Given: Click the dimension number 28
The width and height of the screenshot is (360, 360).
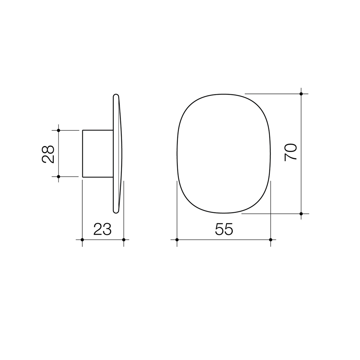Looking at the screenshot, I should pyautogui.click(x=48, y=154).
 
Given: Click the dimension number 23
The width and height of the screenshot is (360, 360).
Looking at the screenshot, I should pyautogui.click(x=102, y=229).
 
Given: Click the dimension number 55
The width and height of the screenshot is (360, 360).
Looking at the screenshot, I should pyautogui.click(x=224, y=229).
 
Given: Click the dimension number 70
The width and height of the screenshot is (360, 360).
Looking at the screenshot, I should pyautogui.click(x=291, y=152).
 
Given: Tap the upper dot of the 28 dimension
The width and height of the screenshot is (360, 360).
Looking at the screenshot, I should pyautogui.click(x=59, y=130).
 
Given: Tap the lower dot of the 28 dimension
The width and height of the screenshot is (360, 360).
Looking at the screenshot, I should pyautogui.click(x=59, y=176).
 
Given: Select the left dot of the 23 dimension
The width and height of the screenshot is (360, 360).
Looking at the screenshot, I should pyautogui.click(x=82, y=240).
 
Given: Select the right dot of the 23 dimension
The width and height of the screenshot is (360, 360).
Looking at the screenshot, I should pyautogui.click(x=124, y=240).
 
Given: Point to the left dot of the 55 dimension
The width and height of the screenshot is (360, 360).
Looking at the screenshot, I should pyautogui.click(x=177, y=240).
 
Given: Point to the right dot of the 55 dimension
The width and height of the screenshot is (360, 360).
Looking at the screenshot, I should pyautogui.click(x=271, y=240).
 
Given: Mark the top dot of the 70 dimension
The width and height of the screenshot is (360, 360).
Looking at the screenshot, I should pyautogui.click(x=301, y=94).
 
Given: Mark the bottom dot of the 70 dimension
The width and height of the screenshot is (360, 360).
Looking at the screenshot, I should pyautogui.click(x=301, y=214).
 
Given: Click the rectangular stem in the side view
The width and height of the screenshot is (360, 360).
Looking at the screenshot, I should pyautogui.click(x=98, y=153).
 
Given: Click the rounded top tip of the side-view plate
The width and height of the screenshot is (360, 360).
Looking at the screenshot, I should pyautogui.click(x=116, y=96).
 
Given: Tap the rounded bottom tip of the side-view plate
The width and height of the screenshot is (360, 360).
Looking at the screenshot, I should pyautogui.click(x=116, y=211).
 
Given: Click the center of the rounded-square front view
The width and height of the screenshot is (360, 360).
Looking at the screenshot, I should pyautogui.click(x=224, y=153).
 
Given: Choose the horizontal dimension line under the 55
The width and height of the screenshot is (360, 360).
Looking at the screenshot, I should pyautogui.click(x=200, y=240).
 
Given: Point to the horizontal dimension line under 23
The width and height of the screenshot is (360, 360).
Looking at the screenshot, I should pyautogui.click(x=103, y=240).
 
